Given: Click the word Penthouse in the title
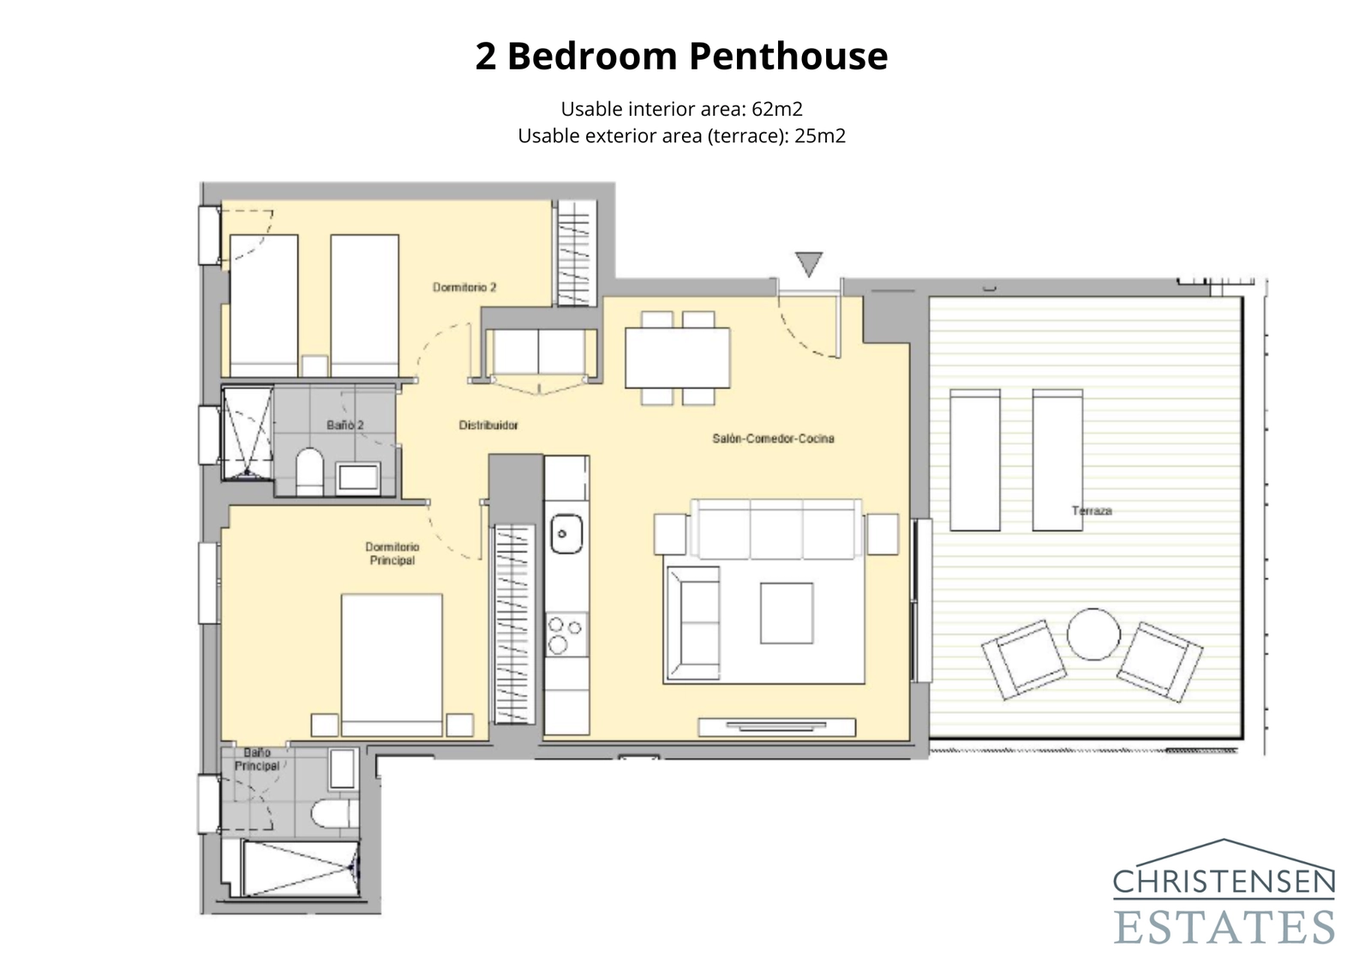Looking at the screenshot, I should point(788,57).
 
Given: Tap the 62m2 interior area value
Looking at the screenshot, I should point(777,110).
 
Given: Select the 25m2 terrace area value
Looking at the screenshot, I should point(820,136).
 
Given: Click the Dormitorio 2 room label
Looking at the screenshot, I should point(464,287).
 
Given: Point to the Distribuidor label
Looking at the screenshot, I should point(488,425).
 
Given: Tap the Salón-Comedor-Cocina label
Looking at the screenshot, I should point(773,439).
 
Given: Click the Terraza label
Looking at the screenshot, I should point(1092,511).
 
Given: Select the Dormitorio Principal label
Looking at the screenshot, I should point(392,553).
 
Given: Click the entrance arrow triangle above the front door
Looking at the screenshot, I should point(808,263).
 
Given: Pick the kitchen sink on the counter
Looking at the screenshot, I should point(566,534).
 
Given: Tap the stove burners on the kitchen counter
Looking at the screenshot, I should point(566,636).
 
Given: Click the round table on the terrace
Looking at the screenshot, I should point(1093,634).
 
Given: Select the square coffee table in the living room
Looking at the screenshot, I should point(787,613).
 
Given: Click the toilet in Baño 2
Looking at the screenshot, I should point(309,472).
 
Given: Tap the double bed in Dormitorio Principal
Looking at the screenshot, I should point(392,664).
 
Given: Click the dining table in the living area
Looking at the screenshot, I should point(677,357).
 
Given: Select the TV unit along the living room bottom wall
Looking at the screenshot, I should point(776,727).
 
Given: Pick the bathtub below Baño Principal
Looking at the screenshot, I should point(300,869).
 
